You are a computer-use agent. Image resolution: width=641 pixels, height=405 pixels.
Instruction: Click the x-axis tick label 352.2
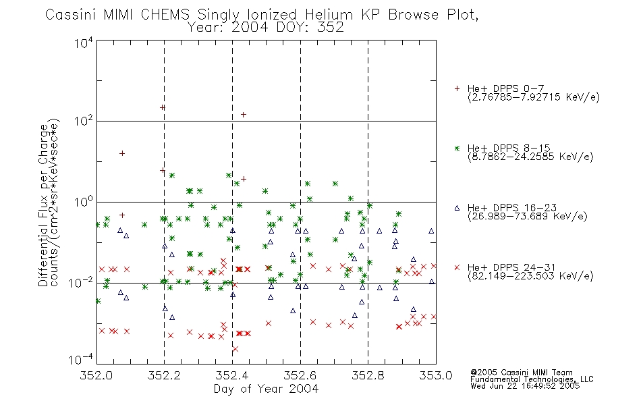pyautogui.click(x=164, y=375)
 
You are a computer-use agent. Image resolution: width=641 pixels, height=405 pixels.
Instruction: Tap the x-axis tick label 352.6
pyautogui.click(x=300, y=375)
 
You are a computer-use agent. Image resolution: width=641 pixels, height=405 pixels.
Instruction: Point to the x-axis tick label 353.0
pyautogui.click(x=436, y=375)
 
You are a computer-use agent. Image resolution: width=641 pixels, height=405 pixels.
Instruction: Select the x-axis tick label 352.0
pyautogui.click(x=96, y=375)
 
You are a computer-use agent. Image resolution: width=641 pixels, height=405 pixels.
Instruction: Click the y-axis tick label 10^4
pyautogui.click(x=84, y=43)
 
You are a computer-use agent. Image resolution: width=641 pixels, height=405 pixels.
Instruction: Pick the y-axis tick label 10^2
pyautogui.click(x=84, y=121)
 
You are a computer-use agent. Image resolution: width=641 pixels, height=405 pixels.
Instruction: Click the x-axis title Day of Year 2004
pyautogui.click(x=266, y=389)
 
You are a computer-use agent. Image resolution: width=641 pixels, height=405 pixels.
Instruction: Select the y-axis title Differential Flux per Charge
pyautogui.click(x=43, y=205)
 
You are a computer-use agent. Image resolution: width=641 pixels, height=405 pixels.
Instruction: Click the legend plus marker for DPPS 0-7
pyautogui.click(x=457, y=88)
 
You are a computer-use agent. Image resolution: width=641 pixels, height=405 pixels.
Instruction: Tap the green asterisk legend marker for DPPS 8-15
pyautogui.click(x=457, y=148)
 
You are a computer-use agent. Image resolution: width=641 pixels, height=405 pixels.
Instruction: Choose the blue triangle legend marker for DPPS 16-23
pyautogui.click(x=457, y=208)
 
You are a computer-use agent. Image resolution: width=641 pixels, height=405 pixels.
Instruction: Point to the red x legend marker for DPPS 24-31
pyautogui.click(x=457, y=267)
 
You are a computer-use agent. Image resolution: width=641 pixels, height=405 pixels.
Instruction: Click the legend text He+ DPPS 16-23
pyautogui.click(x=512, y=208)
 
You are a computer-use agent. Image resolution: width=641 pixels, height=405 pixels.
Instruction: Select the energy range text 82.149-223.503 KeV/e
pyautogui.click(x=530, y=276)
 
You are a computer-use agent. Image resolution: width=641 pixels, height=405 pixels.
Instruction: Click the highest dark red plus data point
pyautogui.click(x=163, y=107)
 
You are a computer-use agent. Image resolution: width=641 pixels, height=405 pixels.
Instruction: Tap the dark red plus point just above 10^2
pyautogui.click(x=243, y=115)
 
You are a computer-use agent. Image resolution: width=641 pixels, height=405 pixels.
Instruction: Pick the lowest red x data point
pyautogui.click(x=235, y=349)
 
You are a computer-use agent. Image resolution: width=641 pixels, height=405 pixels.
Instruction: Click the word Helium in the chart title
pyautogui.click(x=329, y=15)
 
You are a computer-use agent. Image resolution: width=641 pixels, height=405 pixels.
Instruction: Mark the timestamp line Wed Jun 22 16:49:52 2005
pyautogui.click(x=525, y=386)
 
